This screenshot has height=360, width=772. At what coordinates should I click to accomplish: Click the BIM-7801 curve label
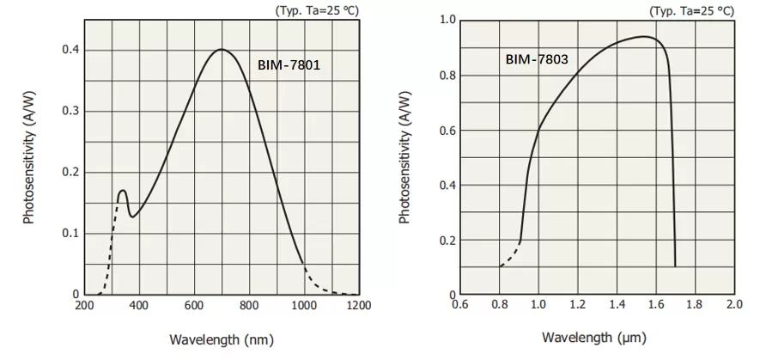289,64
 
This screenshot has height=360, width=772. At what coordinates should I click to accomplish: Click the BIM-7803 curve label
537,60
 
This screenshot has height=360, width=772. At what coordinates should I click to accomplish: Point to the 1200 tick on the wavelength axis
359,305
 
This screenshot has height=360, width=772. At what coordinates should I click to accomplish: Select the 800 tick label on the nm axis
249,305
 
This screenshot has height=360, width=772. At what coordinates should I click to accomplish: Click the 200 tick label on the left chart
84,305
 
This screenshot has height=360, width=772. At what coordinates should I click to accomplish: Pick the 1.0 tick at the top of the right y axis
447,20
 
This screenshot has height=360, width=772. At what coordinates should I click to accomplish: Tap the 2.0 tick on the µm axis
733,305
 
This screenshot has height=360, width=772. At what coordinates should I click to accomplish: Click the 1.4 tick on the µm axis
617,305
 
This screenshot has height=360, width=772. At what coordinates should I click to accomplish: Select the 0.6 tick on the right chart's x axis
460,305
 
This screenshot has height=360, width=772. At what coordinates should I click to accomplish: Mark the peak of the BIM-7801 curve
222,50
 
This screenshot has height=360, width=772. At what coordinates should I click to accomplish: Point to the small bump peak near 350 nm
123,190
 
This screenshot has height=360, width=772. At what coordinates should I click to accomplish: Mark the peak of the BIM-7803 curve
643,37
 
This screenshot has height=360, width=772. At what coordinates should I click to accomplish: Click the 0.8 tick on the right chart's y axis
447,75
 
